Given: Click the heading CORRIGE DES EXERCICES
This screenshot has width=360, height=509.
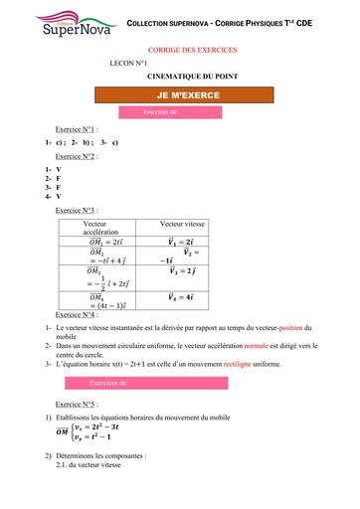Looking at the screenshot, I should pyautogui.click(x=181, y=48).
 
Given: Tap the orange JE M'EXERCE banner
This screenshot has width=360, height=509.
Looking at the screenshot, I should pyautogui.click(x=181, y=94).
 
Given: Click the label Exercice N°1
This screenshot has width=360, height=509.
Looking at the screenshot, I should pyautogui.click(x=76, y=130).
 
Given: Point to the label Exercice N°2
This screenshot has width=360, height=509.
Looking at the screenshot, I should pyautogui.click(x=76, y=156).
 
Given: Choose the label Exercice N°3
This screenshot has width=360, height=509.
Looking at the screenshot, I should pyautogui.click(x=76, y=211).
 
